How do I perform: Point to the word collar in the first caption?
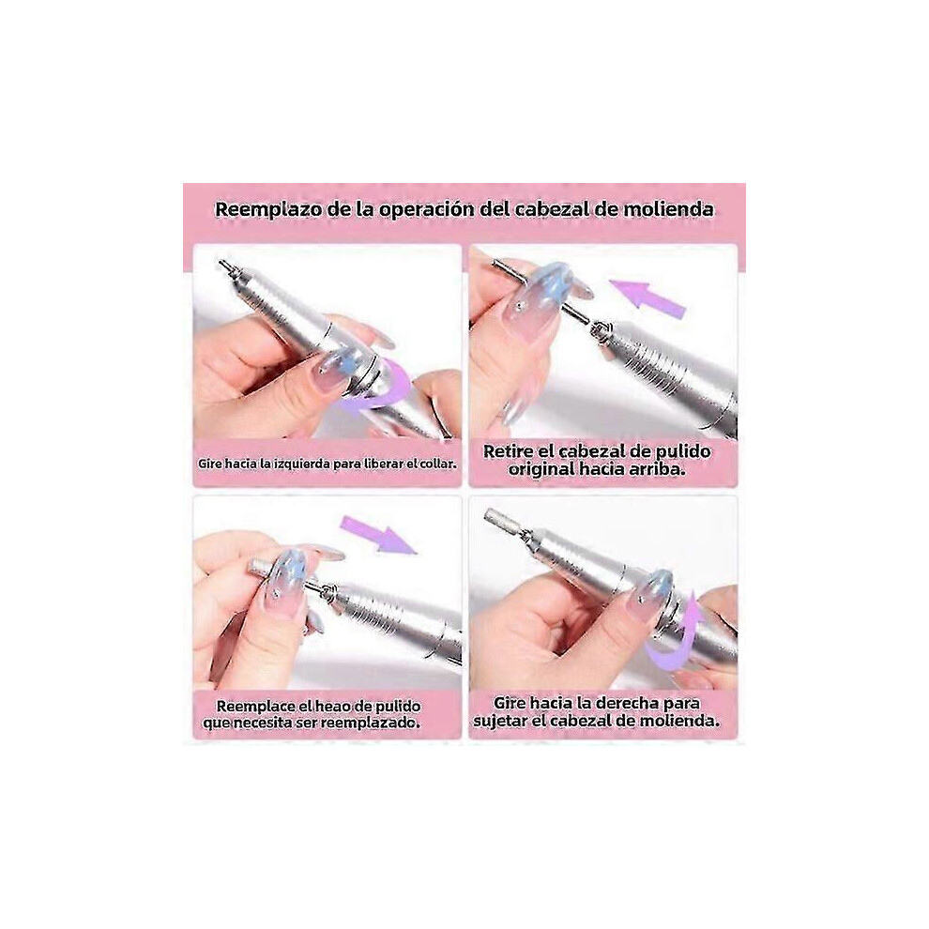438,464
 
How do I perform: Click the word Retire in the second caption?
509,451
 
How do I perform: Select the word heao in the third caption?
333,707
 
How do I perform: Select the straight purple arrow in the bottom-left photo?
379,535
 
